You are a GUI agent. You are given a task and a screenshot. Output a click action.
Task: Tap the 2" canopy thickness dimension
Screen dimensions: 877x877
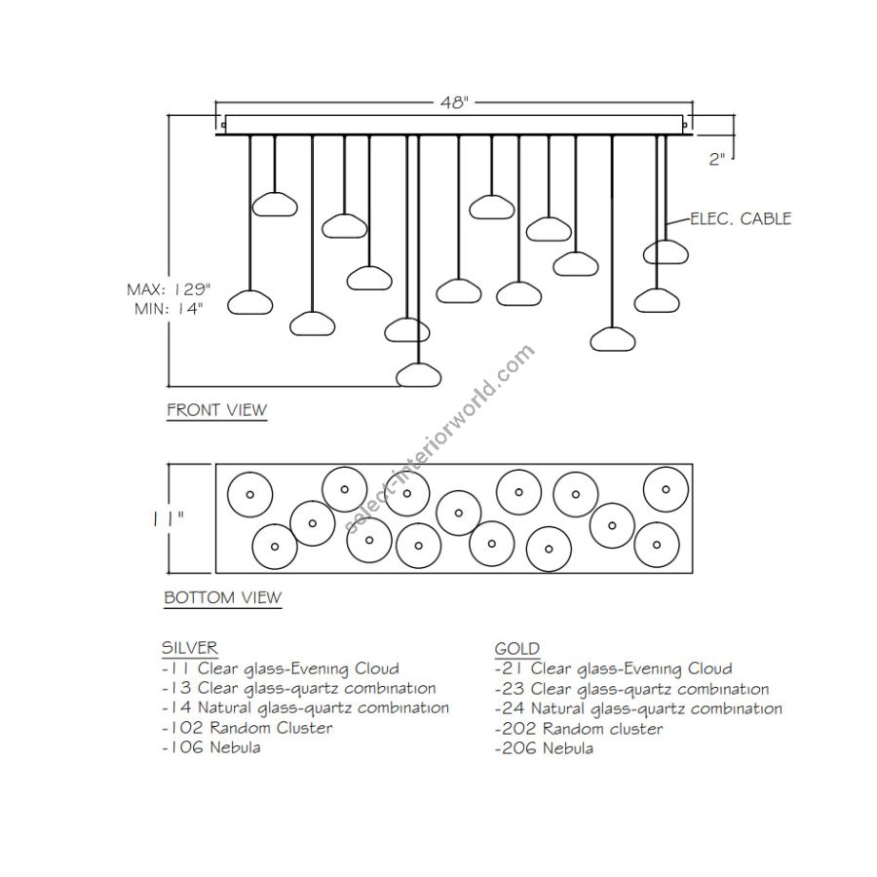click(x=718, y=159)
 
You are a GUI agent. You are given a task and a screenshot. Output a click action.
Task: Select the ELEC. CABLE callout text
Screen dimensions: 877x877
click(x=740, y=218)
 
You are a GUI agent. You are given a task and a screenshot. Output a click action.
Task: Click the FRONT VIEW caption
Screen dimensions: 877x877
click(x=216, y=409)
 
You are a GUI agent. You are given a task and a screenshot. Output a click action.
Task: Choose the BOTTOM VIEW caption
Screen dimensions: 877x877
click(x=222, y=597)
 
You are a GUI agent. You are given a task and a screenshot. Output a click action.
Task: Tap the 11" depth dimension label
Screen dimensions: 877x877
click(x=169, y=519)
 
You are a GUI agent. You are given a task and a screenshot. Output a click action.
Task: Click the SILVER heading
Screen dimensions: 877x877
click(x=189, y=648)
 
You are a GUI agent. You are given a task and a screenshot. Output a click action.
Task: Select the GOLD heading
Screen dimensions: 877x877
click(x=516, y=649)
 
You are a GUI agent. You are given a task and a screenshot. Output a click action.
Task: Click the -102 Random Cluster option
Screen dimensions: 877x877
click(x=247, y=728)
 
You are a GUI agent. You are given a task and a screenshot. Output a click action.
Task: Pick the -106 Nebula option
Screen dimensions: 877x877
click(x=211, y=747)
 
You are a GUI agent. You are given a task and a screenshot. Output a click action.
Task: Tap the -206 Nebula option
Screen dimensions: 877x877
click(x=544, y=748)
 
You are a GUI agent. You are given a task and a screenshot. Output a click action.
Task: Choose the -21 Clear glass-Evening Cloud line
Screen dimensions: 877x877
click(x=613, y=668)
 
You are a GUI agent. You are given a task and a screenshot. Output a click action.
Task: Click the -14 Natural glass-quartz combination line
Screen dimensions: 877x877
click(x=305, y=707)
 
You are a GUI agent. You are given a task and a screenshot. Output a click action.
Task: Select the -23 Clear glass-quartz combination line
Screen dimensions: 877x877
click(x=631, y=689)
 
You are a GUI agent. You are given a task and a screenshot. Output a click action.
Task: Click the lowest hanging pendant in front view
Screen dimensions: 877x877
click(x=419, y=374)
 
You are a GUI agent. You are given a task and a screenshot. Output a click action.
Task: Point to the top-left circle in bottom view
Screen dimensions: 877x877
click(x=248, y=495)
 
